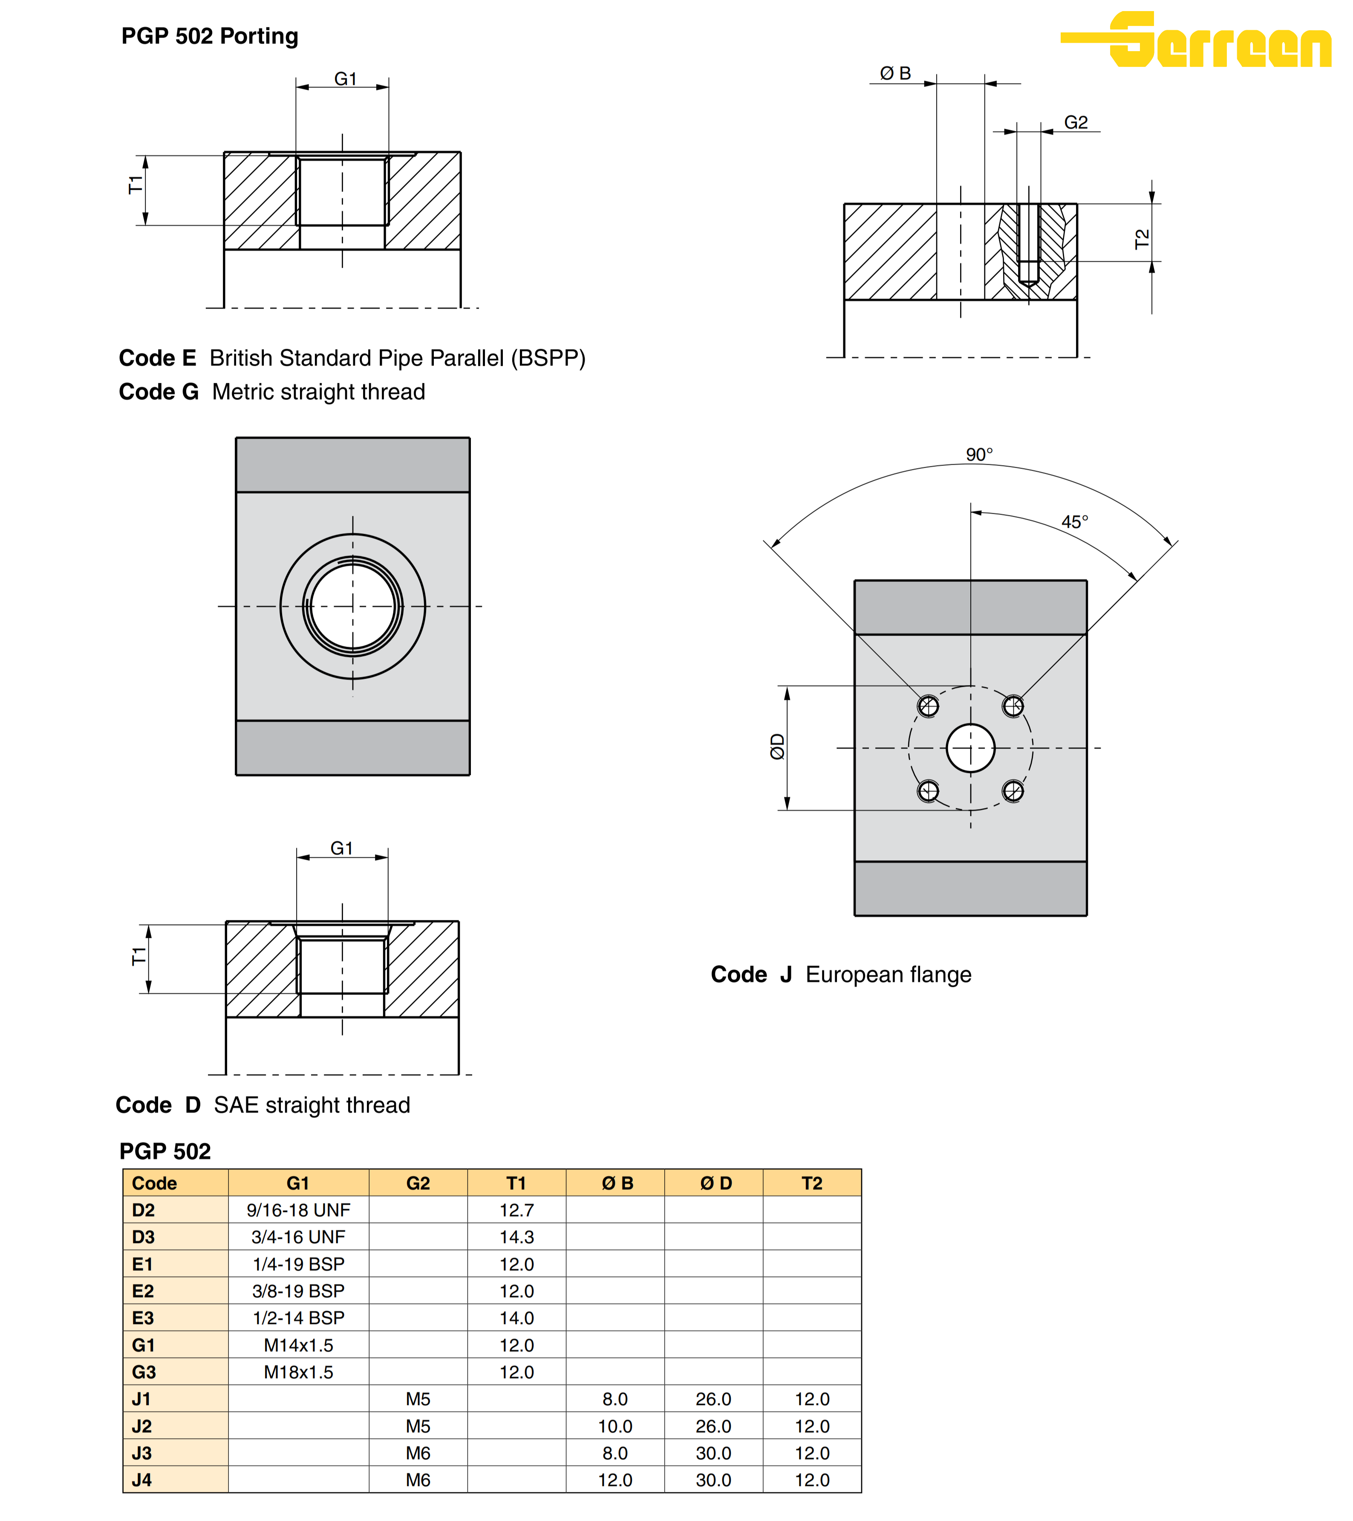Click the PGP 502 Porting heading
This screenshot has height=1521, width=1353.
click(x=210, y=36)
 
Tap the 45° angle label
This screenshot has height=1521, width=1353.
click(x=1074, y=522)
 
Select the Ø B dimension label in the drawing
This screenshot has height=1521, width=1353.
click(x=896, y=73)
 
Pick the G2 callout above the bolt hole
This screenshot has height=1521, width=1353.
click(x=1076, y=122)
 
